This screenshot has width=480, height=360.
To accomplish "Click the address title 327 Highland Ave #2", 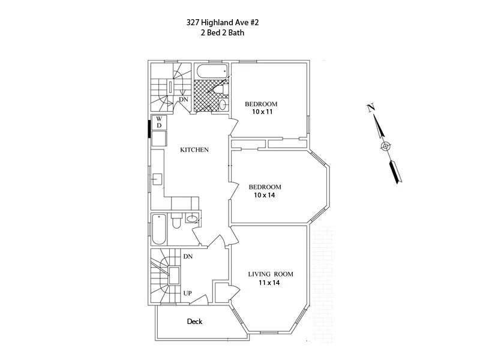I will pyautogui.click(x=223, y=23).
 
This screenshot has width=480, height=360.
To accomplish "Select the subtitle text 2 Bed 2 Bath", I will pyautogui.click(x=223, y=34).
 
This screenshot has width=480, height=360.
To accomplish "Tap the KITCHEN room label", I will pyautogui.click(x=194, y=150).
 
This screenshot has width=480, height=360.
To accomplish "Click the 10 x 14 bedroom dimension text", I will pyautogui.click(x=265, y=195).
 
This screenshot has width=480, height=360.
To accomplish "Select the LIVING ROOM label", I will pyautogui.click(x=271, y=274).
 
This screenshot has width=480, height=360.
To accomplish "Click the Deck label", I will pyautogui.click(x=194, y=322).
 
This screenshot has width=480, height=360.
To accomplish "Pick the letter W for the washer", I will pyautogui.click(x=159, y=119).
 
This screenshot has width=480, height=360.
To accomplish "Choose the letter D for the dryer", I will pyautogui.click(x=159, y=125).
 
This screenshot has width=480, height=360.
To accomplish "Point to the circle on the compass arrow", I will pyautogui.click(x=385, y=146).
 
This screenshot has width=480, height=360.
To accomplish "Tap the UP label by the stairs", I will pyautogui.click(x=187, y=294).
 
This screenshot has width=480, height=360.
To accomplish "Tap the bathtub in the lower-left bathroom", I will pyautogui.click(x=158, y=229).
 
